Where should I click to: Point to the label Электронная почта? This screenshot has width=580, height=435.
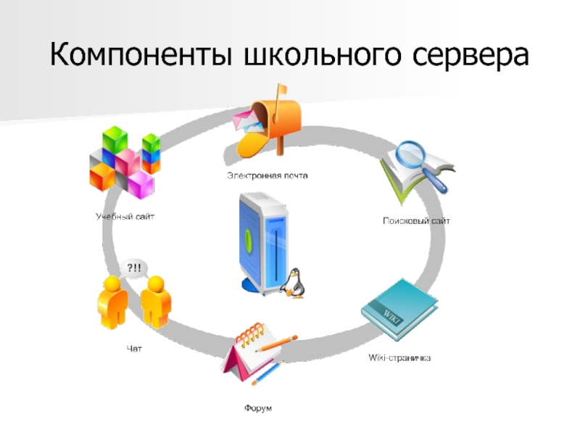pos(267,175)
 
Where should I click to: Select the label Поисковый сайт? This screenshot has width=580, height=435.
pos(416,220)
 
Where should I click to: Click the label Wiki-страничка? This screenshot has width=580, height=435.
pos(399,359)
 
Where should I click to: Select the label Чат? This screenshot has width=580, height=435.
pos(134,349)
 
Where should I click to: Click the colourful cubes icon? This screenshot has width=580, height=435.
pos(123,162)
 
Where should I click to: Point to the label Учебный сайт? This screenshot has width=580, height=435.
pos(125,216)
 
